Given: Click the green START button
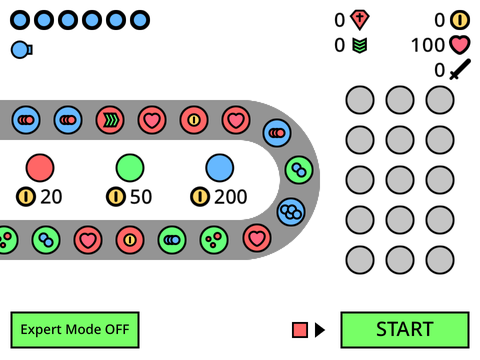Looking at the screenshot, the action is coord(405,330).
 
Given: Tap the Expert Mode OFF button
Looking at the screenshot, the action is coord(75,330).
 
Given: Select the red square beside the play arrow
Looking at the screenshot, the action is coord(300,330).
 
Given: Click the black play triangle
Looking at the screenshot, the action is coord(319,330).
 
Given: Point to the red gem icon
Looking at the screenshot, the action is coord(359,20).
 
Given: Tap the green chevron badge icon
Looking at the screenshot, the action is coord(360,45).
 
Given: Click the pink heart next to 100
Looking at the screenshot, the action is coord(460,45).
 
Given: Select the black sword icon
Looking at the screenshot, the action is coord(460,69).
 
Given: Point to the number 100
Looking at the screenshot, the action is coord(428,45).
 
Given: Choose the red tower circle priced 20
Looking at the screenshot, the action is coord(40,168).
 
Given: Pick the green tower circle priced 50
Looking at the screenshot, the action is coord(130,168).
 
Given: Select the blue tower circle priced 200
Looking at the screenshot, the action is coord(220,168).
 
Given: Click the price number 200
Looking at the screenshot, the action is coord(230,197).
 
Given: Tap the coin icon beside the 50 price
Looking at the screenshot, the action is coord(116,197).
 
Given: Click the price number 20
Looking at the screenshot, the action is coord(51,197).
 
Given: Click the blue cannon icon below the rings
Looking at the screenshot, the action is coord(22,50).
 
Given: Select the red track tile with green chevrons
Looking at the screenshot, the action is coord(110,120).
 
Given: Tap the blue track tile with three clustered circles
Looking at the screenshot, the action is coord(291,212).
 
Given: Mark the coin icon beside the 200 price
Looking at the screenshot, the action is coord(200,197).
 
